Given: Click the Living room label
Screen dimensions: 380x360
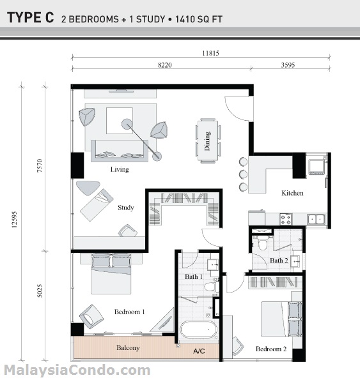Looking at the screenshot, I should [x=120, y=170].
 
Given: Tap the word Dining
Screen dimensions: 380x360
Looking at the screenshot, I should [x=207, y=141].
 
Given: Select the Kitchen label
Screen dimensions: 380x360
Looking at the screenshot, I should [x=292, y=193].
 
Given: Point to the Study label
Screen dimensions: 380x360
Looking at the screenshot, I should [x=125, y=208].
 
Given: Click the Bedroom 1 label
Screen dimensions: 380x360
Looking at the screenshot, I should [x=130, y=312].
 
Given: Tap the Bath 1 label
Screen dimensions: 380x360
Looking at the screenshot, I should [x=194, y=277].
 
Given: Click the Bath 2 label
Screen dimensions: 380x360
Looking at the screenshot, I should [x=278, y=261].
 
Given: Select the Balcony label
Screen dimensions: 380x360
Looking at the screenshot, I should [x=129, y=348].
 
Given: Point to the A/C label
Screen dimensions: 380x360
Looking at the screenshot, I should [x=200, y=351].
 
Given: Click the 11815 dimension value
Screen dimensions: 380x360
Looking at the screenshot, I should [x=210, y=54].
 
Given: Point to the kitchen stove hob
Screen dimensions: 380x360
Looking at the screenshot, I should [x=285, y=218].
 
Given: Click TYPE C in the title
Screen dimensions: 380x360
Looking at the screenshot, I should [x=31, y=19].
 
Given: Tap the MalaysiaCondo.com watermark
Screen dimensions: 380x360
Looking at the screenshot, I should [x=77, y=370].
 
